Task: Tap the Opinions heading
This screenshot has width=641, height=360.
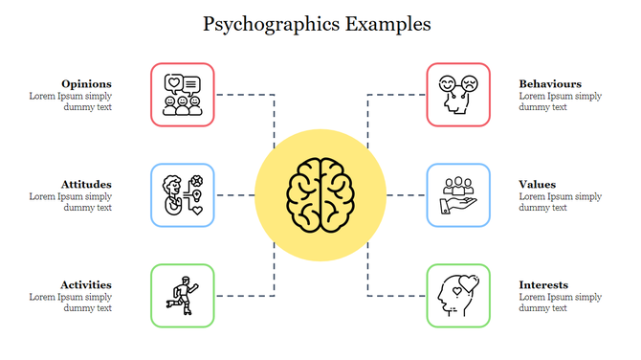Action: (86, 83)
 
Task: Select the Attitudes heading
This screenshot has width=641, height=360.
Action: (86, 184)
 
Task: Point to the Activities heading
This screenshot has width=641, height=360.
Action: (86, 284)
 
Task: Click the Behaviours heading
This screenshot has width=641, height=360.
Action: (550, 83)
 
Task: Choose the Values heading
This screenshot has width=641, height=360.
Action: (538, 184)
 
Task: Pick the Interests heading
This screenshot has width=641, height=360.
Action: (543, 284)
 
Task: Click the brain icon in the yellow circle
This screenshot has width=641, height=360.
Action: (320, 195)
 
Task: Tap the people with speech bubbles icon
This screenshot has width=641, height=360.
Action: (183, 95)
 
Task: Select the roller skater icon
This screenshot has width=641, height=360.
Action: (183, 296)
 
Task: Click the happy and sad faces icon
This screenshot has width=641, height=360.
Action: (458, 95)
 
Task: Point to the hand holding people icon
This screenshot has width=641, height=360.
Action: (458, 195)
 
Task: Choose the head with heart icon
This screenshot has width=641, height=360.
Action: (458, 296)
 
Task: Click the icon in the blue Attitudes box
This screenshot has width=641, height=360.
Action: (183, 195)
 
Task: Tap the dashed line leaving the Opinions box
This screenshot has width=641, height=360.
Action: (245, 95)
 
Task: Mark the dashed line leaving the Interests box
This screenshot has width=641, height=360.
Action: (396, 296)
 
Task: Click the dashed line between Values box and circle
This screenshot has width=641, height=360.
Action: (407, 195)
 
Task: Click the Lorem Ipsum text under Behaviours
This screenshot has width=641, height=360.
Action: (561, 101)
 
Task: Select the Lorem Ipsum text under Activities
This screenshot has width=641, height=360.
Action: (71, 303)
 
